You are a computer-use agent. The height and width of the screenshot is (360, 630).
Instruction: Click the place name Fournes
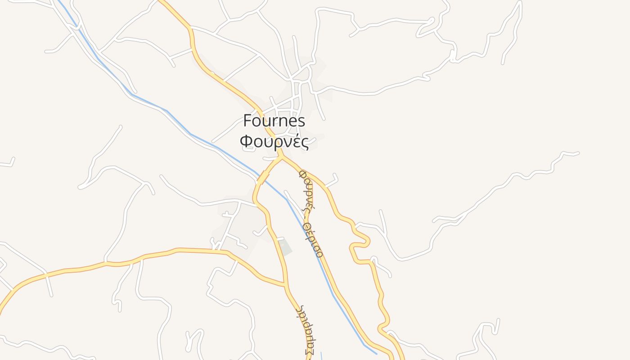pos(274,121)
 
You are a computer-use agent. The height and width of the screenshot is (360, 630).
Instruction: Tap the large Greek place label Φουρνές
pos(274,142)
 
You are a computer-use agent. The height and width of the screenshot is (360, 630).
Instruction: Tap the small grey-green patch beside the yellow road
pos(284,247)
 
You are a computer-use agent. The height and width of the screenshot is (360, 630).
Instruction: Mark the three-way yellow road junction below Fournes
pos(282,158)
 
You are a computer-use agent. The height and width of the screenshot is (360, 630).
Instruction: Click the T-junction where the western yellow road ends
pos(285,284)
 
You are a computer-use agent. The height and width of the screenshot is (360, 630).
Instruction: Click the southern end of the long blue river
pos(376,353)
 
